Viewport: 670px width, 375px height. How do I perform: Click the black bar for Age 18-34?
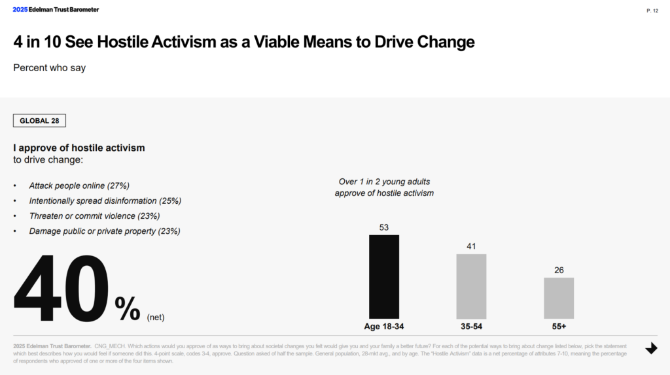point(384,276)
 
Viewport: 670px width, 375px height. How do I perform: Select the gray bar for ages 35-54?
point(471,286)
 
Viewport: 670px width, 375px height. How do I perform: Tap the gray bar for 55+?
point(559,298)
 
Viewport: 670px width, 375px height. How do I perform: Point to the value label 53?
point(384,227)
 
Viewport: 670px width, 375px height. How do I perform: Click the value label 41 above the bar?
point(471,246)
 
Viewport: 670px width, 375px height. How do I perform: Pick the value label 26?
point(559,270)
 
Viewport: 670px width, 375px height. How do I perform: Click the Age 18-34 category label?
point(384,326)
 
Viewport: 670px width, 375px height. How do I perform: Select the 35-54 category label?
point(471,326)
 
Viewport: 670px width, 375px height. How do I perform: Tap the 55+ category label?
point(559,326)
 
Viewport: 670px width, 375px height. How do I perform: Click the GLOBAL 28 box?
point(39,121)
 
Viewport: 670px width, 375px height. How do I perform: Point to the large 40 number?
point(62,289)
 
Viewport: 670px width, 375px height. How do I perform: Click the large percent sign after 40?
point(127,308)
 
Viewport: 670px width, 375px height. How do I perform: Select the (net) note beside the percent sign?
point(156,318)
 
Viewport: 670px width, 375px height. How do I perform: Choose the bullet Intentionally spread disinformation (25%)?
point(105,201)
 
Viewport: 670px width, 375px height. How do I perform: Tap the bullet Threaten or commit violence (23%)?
point(94,216)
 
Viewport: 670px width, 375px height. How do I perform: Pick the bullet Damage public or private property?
point(105,231)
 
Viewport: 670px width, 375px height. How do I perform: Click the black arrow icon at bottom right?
point(651,348)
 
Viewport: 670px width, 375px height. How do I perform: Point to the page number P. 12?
point(652,10)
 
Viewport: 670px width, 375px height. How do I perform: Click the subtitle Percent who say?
point(50,67)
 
